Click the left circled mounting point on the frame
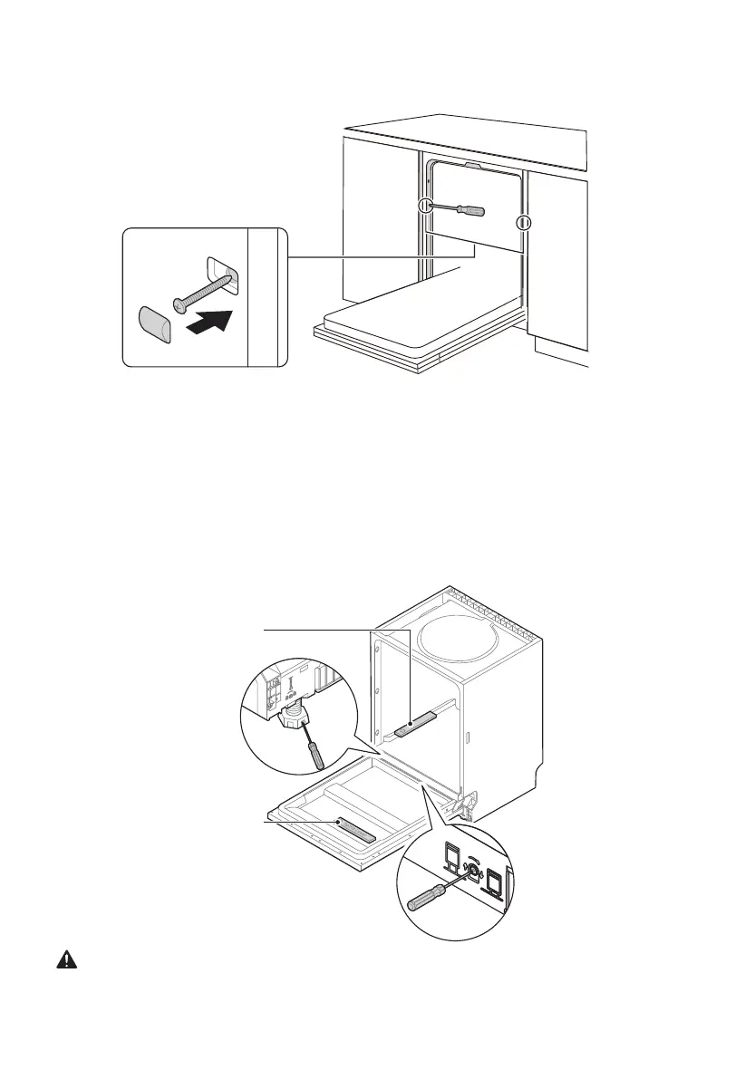click(425, 207)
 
